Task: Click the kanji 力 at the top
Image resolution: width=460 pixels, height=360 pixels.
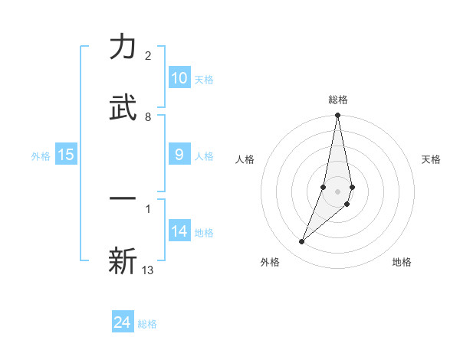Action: (123, 47)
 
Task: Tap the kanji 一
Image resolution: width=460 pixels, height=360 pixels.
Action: (123, 198)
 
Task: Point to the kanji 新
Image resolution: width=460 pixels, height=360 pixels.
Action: (123, 260)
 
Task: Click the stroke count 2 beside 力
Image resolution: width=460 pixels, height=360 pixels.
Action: (148, 56)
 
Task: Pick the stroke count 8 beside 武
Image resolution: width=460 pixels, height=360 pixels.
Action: (148, 117)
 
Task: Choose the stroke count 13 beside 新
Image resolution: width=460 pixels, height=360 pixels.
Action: (148, 270)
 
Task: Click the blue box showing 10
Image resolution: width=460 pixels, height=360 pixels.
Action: (179, 78)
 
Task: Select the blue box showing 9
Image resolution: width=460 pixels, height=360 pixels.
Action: (179, 155)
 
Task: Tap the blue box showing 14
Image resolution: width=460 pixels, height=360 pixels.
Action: (179, 231)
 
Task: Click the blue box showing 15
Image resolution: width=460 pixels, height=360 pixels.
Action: (66, 155)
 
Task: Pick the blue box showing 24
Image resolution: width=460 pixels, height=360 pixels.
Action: (123, 322)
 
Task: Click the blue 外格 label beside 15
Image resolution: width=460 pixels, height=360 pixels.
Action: (41, 156)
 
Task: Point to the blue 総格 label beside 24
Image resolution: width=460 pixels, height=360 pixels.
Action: (147, 324)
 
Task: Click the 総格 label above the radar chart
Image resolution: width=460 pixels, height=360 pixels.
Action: (337, 100)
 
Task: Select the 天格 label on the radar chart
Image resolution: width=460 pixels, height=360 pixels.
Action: (432, 159)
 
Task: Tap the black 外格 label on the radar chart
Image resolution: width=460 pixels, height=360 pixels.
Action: (270, 262)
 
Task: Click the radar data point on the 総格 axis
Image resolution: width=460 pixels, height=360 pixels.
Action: (337, 116)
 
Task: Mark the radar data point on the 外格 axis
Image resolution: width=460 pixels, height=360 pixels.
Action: (302, 242)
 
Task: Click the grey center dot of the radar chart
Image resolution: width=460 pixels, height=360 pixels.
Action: (337, 191)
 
